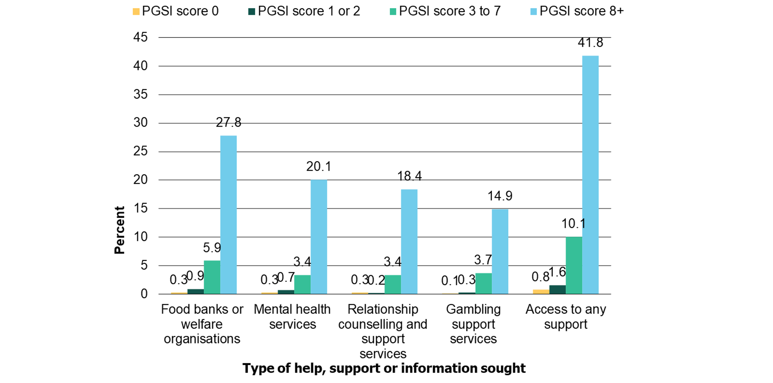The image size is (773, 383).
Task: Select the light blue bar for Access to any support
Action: (x=590, y=174)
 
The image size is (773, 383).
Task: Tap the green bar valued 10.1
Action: (x=573, y=265)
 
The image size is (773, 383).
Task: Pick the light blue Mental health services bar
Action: (x=319, y=237)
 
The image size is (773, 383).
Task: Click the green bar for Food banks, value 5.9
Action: (x=212, y=277)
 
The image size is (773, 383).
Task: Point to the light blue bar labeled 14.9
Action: (x=500, y=251)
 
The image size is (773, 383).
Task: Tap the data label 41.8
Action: (x=590, y=42)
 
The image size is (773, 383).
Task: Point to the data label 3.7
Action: (x=483, y=260)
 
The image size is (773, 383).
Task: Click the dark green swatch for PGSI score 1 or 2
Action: (x=252, y=12)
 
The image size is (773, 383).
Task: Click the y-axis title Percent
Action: (x=119, y=230)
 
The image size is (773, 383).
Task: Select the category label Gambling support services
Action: (x=473, y=324)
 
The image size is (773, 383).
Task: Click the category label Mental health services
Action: (x=292, y=316)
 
